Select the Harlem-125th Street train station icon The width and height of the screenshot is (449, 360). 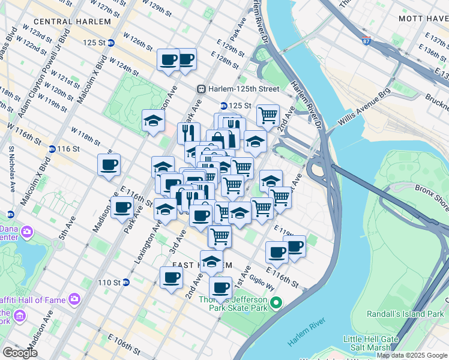pos(202,89)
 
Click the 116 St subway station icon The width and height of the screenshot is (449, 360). pos(52,148)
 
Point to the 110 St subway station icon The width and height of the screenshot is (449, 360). pos(126,282)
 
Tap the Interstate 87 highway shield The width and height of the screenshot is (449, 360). pos(367,43)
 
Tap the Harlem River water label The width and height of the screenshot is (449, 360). pos(307,341)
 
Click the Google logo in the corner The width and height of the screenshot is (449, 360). pos(20,352)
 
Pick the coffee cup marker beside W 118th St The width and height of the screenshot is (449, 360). pos(109,164)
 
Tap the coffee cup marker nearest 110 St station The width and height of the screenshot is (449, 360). pos(171,277)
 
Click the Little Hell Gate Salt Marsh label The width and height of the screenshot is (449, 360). pos(370,343)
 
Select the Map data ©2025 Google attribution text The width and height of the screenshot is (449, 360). pos(412,355)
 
